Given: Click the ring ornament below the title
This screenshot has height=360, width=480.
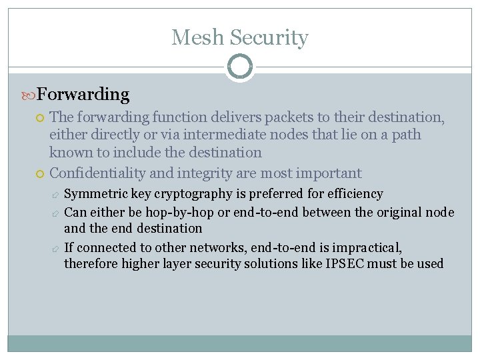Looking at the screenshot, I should [x=239, y=67].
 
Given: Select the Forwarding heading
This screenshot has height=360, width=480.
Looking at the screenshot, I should [x=83, y=95].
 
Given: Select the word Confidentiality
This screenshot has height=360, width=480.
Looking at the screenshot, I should [x=98, y=173].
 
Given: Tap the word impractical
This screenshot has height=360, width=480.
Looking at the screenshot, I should [x=369, y=247].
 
